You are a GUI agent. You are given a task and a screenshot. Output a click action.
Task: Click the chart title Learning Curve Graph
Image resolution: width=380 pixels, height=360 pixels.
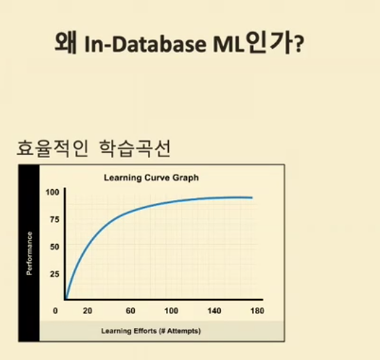(151, 178)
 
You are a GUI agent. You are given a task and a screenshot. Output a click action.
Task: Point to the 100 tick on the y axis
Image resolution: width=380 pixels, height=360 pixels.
(53, 193)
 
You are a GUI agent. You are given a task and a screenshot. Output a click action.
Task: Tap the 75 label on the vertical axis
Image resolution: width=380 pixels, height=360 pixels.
(55, 220)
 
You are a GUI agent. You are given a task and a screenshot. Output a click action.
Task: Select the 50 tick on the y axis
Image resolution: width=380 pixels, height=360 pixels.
(55, 247)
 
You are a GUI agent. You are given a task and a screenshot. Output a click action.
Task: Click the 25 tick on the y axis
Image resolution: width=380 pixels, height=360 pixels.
(55, 275)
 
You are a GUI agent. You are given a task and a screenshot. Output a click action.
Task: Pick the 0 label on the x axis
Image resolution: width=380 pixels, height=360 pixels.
(56, 311)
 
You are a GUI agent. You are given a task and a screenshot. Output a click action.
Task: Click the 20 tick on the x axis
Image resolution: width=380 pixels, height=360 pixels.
(88, 311)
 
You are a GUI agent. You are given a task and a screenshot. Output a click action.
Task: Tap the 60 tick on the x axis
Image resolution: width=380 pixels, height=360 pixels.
(131, 311)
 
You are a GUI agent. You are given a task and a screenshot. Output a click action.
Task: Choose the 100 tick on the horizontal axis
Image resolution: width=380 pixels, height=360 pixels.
(172, 311)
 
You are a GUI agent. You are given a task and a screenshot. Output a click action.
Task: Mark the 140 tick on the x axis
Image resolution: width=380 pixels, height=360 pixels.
(215, 311)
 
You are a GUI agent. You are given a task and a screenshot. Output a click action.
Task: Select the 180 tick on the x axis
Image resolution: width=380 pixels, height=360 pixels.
(257, 311)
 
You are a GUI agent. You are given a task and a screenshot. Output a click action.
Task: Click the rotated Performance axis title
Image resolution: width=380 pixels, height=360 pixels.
(29, 254)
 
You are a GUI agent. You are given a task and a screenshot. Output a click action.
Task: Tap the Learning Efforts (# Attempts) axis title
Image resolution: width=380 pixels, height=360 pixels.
(151, 331)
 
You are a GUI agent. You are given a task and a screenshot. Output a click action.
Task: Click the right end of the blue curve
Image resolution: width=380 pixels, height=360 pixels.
(252, 198)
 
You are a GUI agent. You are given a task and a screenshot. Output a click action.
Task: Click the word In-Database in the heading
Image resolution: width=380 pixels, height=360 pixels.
(145, 44)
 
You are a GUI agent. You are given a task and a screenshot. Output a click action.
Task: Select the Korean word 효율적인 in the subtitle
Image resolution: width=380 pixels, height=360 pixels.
(52, 148)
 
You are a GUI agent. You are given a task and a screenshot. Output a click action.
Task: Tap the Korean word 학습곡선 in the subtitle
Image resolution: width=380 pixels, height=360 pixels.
(135, 148)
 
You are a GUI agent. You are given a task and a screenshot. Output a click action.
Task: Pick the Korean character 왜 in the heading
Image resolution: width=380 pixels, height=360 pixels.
(66, 42)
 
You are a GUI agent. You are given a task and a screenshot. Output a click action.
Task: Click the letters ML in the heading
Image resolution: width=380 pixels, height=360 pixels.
(228, 44)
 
